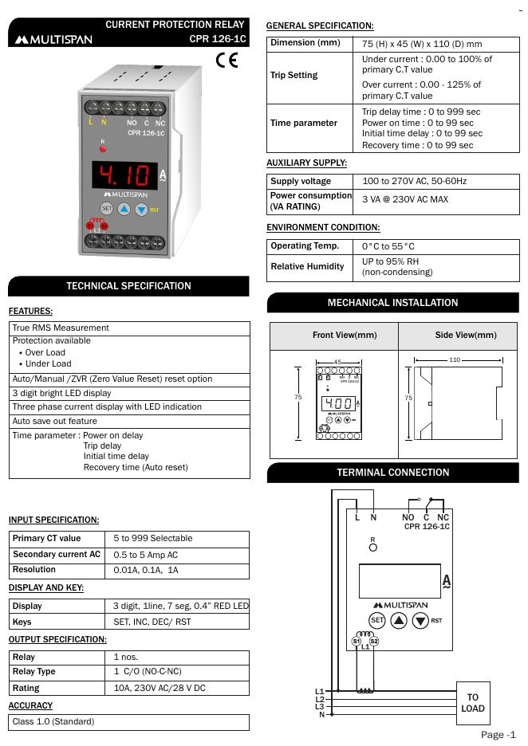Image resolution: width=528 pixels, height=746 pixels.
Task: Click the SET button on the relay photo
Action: click(106, 209)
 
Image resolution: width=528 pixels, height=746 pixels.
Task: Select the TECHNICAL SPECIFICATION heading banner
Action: click(128, 286)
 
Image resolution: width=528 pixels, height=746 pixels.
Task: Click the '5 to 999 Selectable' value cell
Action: click(152, 539)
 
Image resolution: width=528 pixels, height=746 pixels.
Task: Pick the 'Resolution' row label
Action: click(34, 570)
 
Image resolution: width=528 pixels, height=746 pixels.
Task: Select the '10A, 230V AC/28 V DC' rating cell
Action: click(159, 688)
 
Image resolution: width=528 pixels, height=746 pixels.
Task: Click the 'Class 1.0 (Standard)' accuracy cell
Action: click(53, 722)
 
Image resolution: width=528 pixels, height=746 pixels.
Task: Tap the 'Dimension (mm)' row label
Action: click(305, 43)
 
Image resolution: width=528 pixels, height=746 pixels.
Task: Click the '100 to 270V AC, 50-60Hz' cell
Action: click(415, 182)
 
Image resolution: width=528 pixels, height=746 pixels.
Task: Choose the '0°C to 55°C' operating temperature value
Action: click(388, 246)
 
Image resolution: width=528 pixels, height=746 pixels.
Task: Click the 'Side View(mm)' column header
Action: click(465, 336)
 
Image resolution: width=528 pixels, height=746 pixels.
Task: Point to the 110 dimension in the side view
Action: click(455, 360)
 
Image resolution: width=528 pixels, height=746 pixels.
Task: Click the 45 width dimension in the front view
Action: click(337, 363)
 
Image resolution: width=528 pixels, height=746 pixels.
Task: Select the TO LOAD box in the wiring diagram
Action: click(472, 702)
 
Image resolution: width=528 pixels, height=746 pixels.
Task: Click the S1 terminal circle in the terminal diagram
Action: click(357, 640)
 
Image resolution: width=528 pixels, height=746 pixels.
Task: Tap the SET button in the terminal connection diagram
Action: click(377, 620)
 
